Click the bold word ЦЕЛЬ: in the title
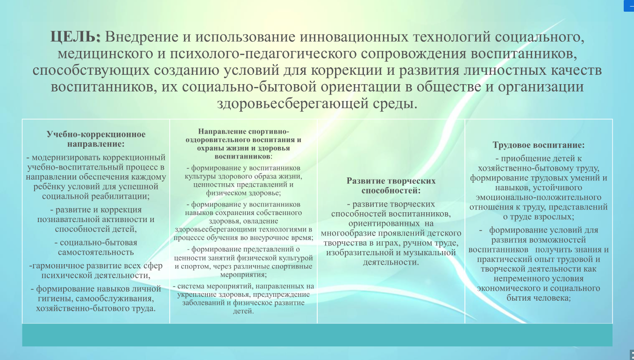pos(75,37)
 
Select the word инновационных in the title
pos(354,37)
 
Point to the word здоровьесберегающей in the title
pos(292,103)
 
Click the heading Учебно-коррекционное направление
pos(96,139)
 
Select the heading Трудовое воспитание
pos(538,145)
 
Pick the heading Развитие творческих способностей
pos(391,186)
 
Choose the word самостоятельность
pos(96,252)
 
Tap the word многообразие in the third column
pos(348,233)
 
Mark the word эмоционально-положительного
pos(538,197)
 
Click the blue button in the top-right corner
pos(629,6)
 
